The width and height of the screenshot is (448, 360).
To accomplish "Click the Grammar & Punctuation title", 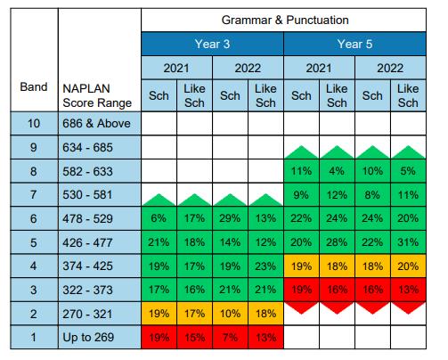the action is (285, 20).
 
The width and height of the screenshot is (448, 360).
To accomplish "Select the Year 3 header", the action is (212, 44).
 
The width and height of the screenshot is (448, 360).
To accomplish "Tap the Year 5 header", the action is (354, 44).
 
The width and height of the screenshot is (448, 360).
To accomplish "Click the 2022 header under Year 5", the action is (390, 68).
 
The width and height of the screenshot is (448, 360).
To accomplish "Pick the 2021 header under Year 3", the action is (176, 68).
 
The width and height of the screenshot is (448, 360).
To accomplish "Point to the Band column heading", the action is (34, 87).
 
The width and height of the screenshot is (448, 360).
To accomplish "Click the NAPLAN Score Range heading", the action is (97, 95).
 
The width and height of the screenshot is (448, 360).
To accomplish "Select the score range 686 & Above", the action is (96, 123).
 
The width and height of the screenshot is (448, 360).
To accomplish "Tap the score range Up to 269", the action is (88, 337).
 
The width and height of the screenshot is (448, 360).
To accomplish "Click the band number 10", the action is (34, 123).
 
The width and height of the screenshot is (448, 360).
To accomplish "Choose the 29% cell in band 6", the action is (230, 218).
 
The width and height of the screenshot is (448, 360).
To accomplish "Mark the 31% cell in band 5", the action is (408, 242).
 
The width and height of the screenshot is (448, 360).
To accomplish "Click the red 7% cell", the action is (230, 338).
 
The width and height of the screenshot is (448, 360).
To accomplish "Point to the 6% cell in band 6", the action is (159, 218).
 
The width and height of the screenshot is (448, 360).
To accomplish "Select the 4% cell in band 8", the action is (337, 171).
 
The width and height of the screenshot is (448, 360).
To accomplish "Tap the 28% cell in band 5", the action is (337, 242).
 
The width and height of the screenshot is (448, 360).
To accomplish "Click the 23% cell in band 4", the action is (265, 266).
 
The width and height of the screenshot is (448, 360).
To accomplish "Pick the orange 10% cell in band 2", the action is (230, 314).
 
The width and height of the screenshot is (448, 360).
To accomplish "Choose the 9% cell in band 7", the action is (301, 195).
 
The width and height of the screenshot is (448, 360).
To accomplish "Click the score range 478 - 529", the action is (87, 219).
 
